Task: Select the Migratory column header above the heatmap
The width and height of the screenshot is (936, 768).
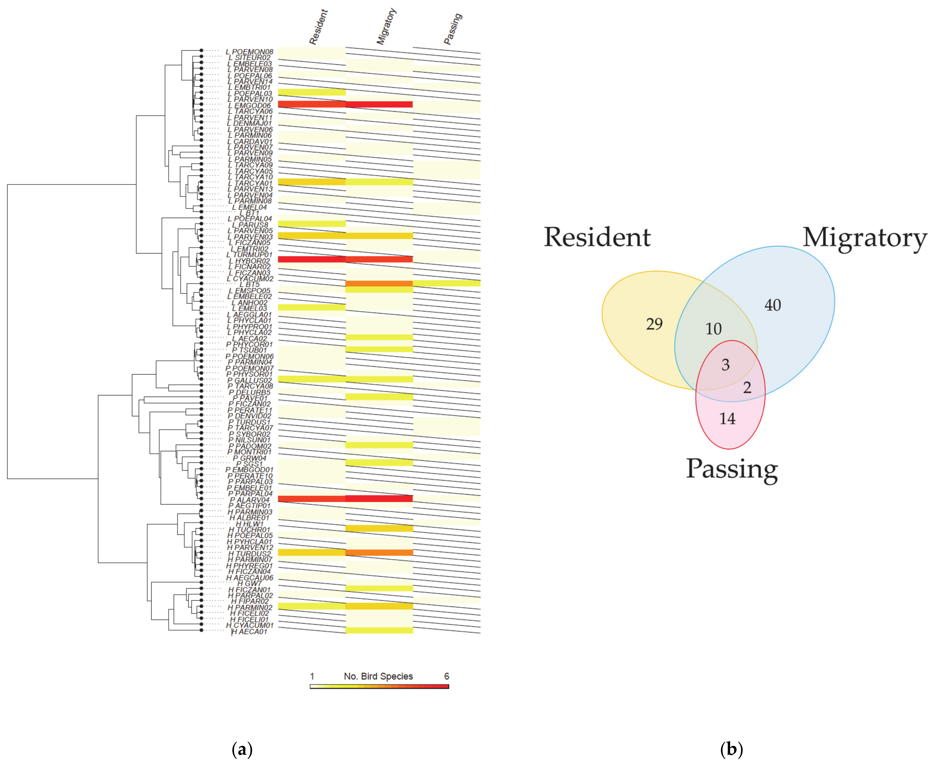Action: coord(386,26)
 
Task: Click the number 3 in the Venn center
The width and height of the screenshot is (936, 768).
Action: coord(725,365)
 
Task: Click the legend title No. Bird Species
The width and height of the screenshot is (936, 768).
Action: coord(378,676)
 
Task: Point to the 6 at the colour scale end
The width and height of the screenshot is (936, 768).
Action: coord(446,676)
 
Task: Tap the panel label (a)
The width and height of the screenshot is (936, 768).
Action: coord(242,749)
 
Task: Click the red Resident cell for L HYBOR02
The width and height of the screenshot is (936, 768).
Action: coord(311,259)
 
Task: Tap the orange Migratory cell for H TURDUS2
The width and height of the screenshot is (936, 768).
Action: coord(379,552)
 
